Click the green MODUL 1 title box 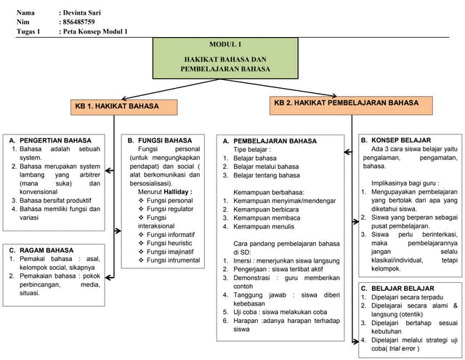tap(225, 57)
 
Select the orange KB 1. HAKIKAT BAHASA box tap(124, 107)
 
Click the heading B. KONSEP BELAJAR tap(395, 140)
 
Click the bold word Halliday tap(176, 191)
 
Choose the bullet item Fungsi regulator tap(170, 209)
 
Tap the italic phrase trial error tap(403, 349)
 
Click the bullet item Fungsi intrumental tap(173, 260)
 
